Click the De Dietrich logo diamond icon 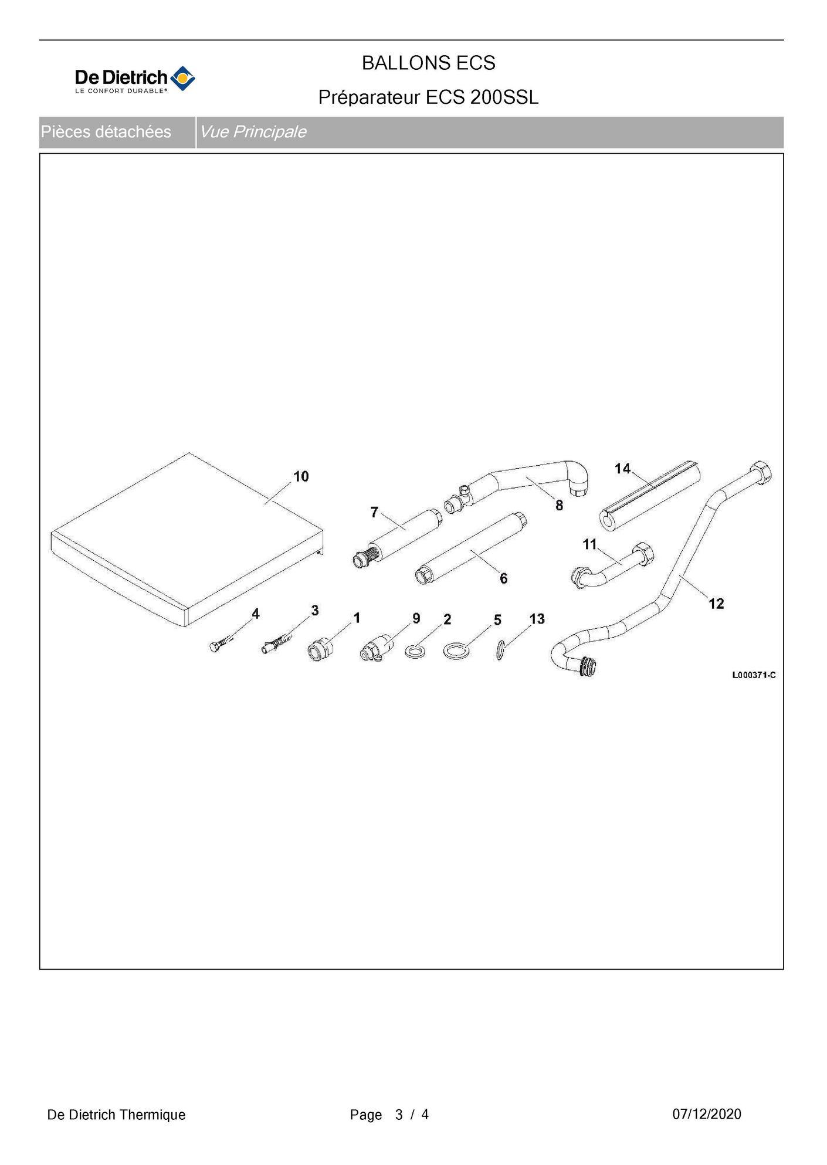tap(182, 79)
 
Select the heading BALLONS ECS tap(428, 63)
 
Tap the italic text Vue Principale tap(253, 132)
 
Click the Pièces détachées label tap(106, 132)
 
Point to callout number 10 tap(301, 476)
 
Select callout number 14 tap(622, 468)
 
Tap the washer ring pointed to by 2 tap(415, 651)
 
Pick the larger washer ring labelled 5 tap(456, 651)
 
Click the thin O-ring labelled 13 tap(500, 650)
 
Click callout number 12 tap(716, 604)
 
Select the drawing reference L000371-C tap(754, 675)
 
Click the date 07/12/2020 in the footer tap(707, 1114)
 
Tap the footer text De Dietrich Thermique tap(116, 1115)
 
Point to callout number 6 tap(503, 578)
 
